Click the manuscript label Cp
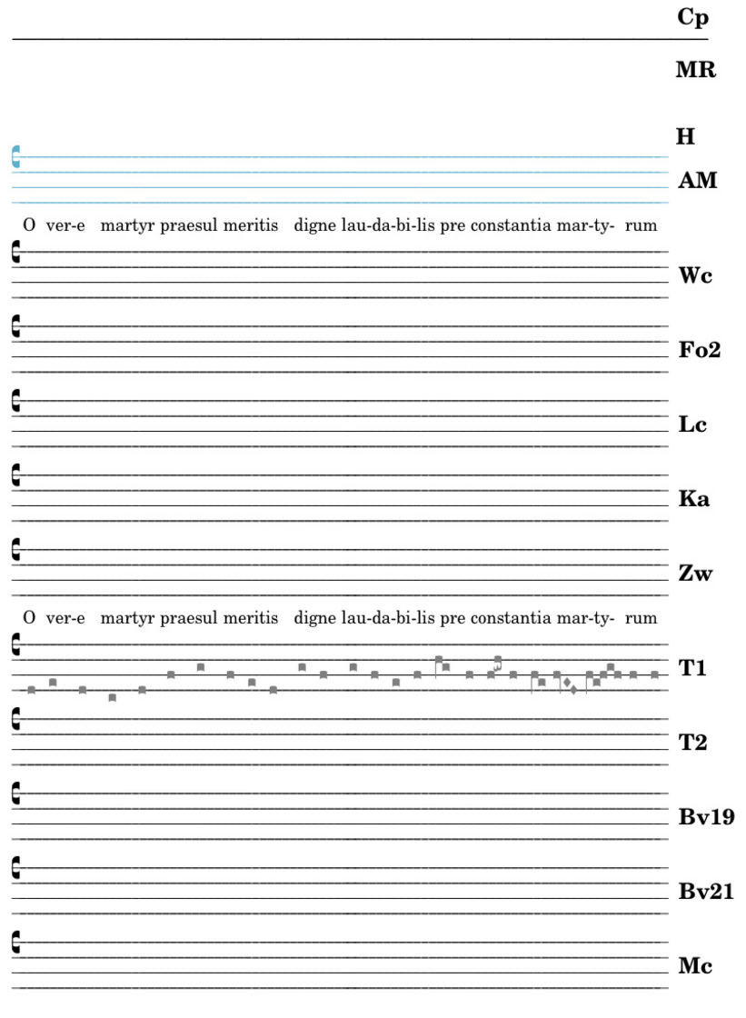(692, 17)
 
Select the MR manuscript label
(696, 70)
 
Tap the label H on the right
(685, 137)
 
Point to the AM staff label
(697, 181)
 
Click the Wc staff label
(694, 275)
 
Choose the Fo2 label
(700, 350)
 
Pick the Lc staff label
(692, 424)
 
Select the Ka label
(694, 499)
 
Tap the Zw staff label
(696, 574)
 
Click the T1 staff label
(692, 668)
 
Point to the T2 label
(692, 743)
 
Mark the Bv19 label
(705, 817)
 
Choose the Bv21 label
(705, 892)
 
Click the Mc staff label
(694, 966)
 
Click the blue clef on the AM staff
(15, 156)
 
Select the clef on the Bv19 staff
(15, 793)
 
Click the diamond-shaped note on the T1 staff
(567, 682)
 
